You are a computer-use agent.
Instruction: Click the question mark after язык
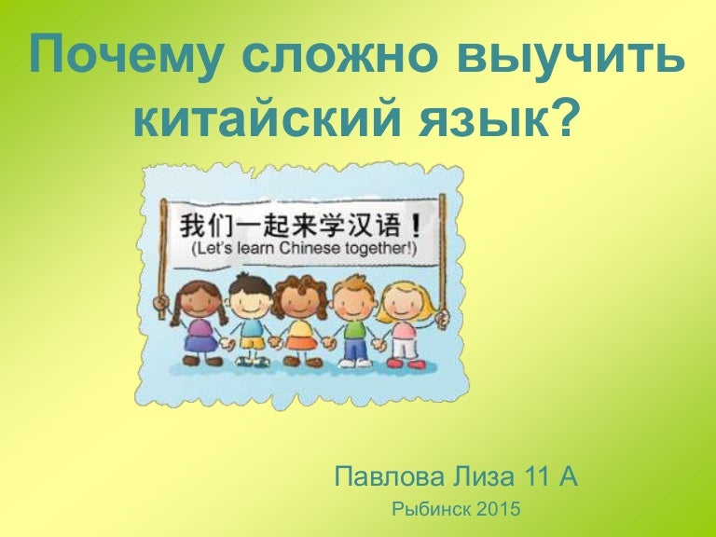(561, 115)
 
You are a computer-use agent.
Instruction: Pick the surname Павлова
(389, 476)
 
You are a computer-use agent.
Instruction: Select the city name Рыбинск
(431, 509)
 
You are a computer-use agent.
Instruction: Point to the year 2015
(497, 509)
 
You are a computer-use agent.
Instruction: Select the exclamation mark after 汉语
(416, 225)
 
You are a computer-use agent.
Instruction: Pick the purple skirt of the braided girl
(201, 343)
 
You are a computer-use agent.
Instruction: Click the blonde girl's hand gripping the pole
(442, 316)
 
